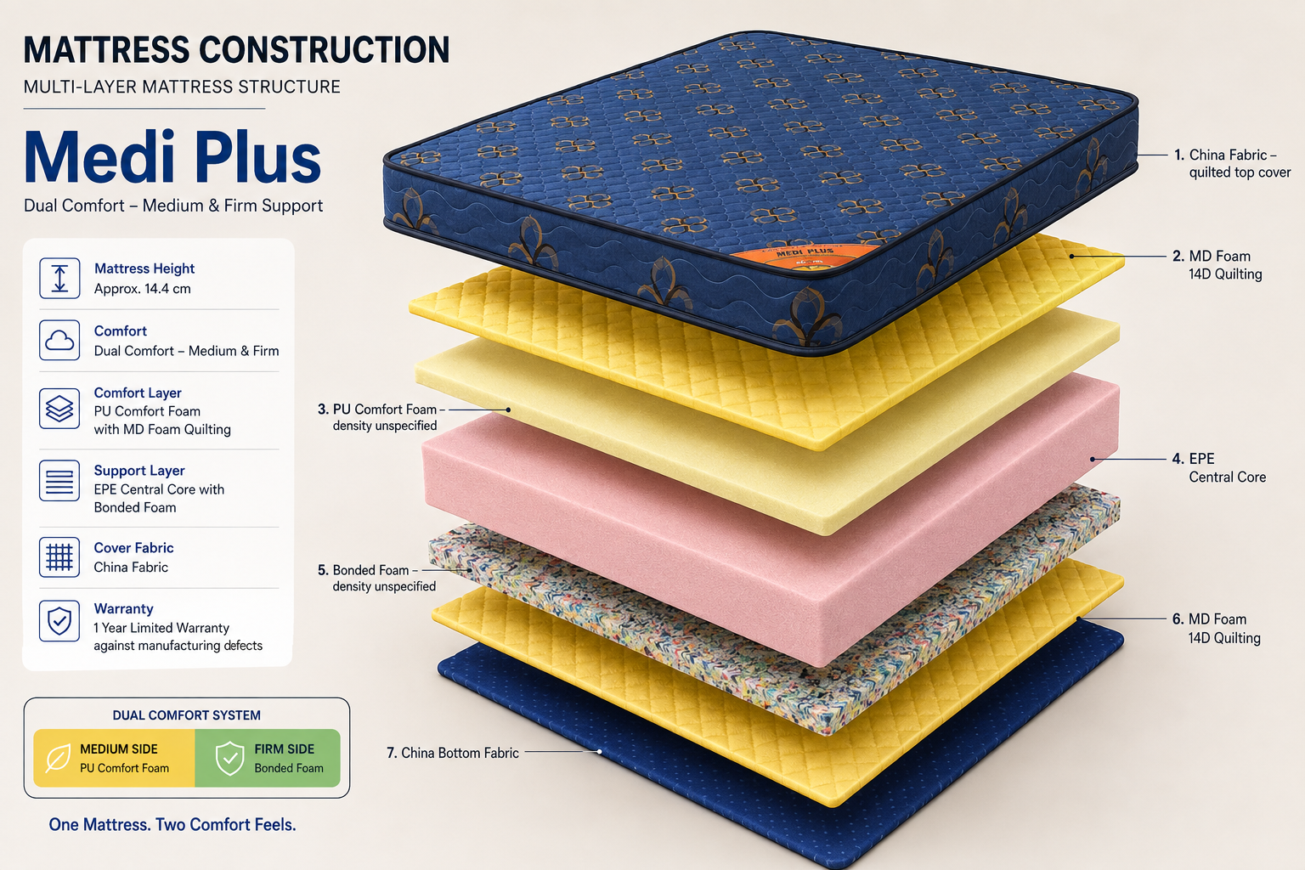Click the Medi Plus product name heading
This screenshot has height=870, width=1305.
(172, 158)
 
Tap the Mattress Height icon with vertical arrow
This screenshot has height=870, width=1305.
(59, 278)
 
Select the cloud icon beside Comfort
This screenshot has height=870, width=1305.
(59, 340)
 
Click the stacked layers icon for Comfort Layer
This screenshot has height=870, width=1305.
(59, 409)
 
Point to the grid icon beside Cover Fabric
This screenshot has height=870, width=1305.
(59, 557)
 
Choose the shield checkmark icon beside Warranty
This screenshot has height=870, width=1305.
(59, 621)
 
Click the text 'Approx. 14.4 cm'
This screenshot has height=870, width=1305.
(142, 289)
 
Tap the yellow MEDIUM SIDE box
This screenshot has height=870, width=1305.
(114, 758)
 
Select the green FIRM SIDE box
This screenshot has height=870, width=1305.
(268, 758)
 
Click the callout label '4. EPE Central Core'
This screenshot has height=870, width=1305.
(1219, 468)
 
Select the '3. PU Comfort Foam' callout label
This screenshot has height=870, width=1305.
(381, 417)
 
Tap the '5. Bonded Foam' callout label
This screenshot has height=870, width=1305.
(376, 578)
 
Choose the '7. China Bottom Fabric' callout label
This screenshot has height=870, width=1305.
(453, 753)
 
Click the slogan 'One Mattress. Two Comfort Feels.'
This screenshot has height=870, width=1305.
(172, 825)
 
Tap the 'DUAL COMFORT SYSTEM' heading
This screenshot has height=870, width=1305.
(186, 715)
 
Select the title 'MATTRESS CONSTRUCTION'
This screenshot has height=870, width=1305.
(236, 50)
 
